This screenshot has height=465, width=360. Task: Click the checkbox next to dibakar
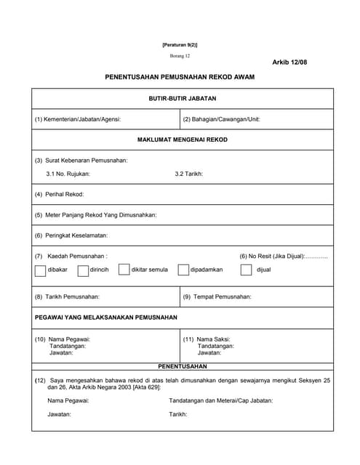pyautogui.click(x=41, y=270)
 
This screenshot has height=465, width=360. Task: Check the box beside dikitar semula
pyautogui.click(x=124, y=270)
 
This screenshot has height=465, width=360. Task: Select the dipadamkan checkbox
pyautogui.click(x=183, y=270)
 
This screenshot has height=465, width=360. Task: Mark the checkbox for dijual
pyautogui.click(x=246, y=270)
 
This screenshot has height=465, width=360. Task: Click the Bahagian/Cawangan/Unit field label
pyautogui.click(x=222, y=119)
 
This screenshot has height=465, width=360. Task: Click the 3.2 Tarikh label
pyautogui.click(x=189, y=174)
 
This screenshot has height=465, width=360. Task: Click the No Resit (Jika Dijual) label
pyautogui.click(x=284, y=256)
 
